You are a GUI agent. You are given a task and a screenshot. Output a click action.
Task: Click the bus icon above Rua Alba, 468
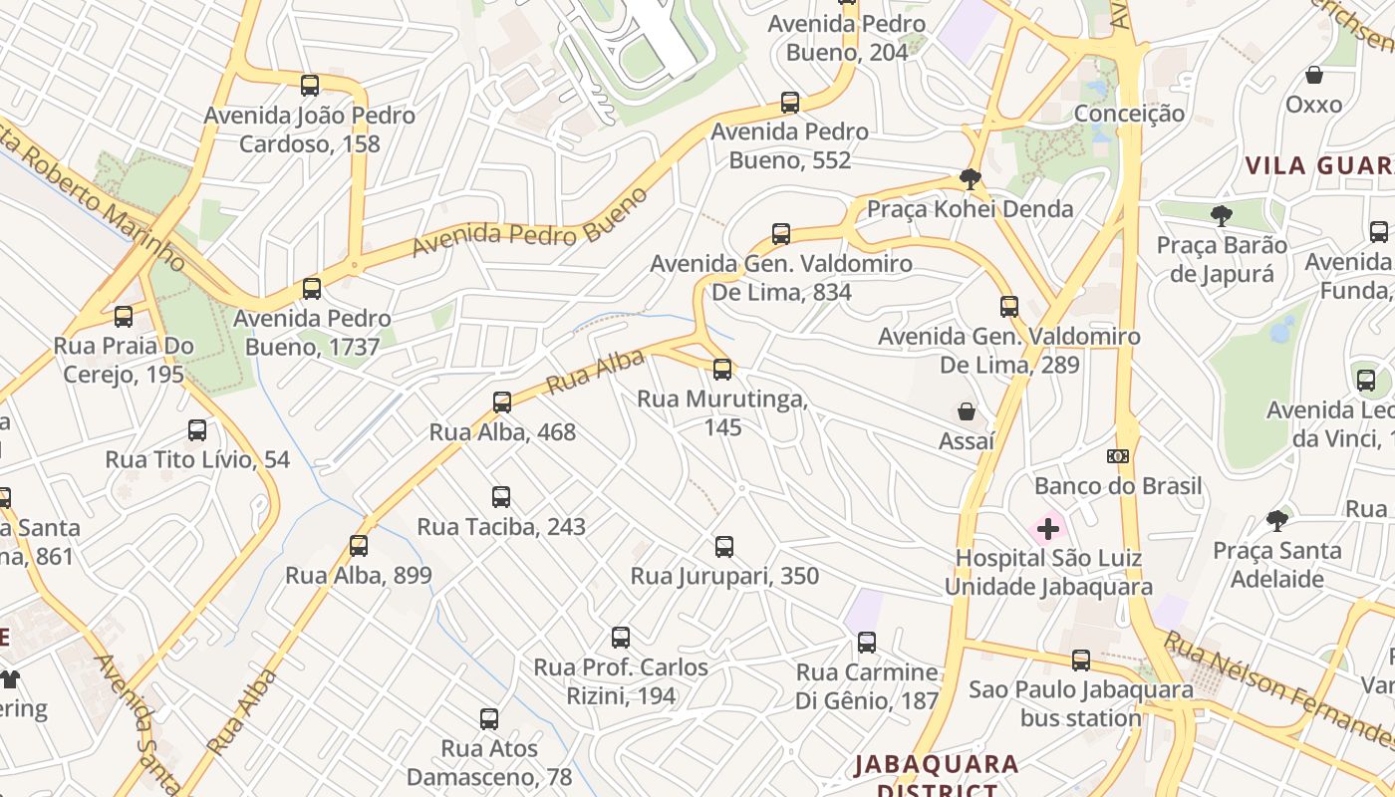[502, 402]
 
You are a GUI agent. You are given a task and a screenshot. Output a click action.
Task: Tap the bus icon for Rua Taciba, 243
[501, 496]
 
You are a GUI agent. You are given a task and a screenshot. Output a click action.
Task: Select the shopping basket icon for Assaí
[966, 411]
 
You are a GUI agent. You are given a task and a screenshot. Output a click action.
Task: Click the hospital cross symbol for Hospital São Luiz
[1048, 528]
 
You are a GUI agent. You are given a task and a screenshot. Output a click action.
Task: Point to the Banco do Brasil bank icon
[1118, 456]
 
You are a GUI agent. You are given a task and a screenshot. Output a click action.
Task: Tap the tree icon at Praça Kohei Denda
[970, 179]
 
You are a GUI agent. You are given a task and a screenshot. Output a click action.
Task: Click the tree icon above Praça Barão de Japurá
[1221, 215]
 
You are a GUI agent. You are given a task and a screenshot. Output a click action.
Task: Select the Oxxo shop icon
[1314, 75]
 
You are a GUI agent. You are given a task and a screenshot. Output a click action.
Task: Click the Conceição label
[1129, 114]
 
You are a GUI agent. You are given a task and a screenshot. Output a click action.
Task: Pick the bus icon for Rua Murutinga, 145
[722, 370]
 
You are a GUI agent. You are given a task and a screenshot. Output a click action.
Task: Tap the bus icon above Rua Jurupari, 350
[724, 546]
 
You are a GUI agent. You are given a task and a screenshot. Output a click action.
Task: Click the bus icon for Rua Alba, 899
[359, 546]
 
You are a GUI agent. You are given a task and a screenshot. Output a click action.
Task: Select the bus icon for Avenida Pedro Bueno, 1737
[312, 289]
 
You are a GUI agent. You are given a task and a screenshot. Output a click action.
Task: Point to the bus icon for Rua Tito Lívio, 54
[197, 430]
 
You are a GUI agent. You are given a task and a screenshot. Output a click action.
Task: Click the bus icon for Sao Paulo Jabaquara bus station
[1081, 660]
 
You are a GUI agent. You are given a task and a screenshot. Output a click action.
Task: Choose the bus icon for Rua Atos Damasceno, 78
[488, 718]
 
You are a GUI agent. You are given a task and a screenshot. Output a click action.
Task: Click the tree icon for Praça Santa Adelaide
[1277, 520]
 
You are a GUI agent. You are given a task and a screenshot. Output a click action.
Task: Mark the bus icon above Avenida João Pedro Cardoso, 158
[310, 86]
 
